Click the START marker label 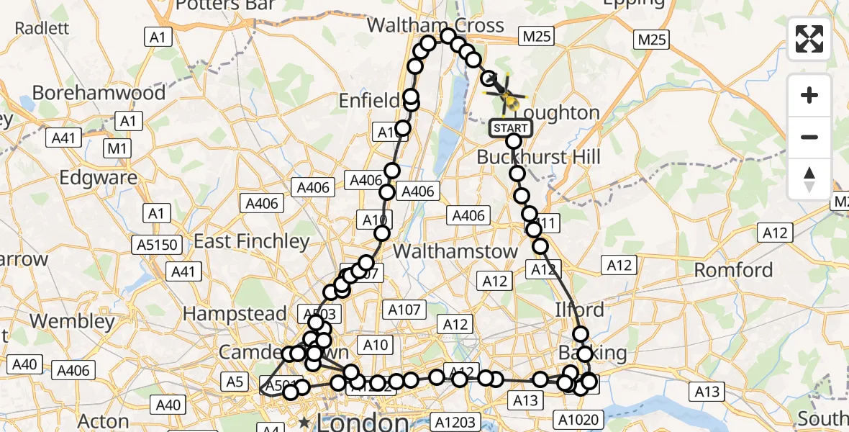511,129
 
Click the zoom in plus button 809,95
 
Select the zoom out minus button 809,137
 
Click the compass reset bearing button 809,179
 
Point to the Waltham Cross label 435,25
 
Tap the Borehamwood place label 88,93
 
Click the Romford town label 733,270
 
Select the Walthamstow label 455,251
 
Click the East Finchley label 252,241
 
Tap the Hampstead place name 235,314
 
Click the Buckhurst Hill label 538,157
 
